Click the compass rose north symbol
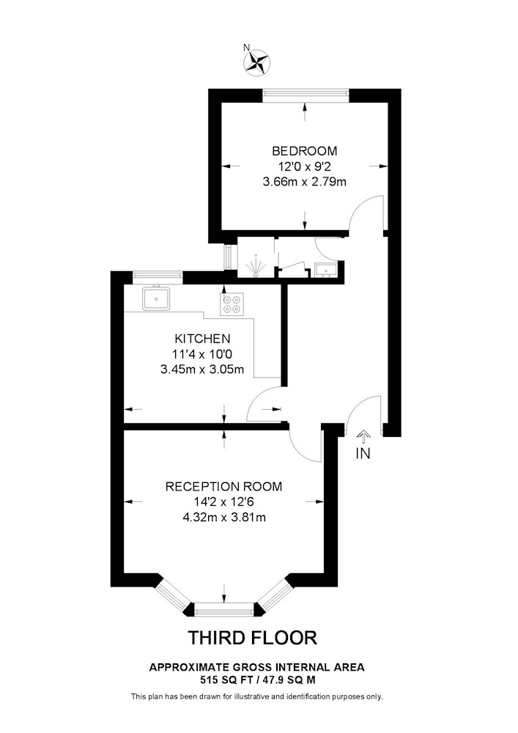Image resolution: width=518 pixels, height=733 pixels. [257, 62]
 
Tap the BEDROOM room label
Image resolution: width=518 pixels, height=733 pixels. [305, 151]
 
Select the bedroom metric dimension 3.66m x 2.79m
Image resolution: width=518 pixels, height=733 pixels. [305, 182]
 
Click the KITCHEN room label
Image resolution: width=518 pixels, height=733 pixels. [202, 338]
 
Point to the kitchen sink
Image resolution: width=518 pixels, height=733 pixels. [157, 298]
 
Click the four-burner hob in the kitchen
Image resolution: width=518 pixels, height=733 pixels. [232, 304]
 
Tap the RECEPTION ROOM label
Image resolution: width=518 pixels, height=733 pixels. [223, 486]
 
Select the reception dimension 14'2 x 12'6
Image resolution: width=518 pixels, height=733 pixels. [223, 501]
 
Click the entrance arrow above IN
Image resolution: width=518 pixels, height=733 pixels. [363, 437]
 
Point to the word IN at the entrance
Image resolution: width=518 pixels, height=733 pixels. [363, 453]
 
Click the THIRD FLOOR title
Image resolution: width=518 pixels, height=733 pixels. [253, 638]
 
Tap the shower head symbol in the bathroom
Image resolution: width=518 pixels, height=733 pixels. [256, 266]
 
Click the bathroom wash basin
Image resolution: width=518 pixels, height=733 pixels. [325, 270]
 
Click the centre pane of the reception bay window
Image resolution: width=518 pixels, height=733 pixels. [224, 610]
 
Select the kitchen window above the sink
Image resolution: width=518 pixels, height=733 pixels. [158, 277]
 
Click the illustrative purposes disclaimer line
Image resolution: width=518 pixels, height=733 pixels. [257, 696]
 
